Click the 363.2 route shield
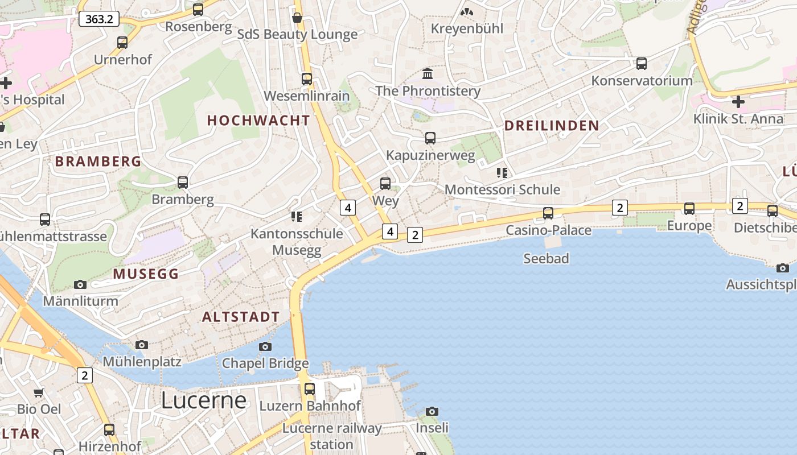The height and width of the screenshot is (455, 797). [x=99, y=19]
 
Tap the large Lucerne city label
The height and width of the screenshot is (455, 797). [x=203, y=400]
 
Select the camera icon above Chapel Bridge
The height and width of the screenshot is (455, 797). [x=265, y=346]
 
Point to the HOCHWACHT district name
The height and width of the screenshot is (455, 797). [x=258, y=121]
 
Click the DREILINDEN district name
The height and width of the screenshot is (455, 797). [x=552, y=126]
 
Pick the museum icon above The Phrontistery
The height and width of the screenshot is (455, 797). [x=428, y=73]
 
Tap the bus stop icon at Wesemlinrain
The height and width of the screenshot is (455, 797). [x=307, y=79]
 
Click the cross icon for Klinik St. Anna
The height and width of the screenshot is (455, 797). [x=738, y=102]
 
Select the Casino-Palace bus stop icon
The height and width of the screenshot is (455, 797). [x=548, y=213]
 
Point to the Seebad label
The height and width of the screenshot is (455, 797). [x=546, y=259]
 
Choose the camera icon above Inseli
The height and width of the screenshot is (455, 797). [x=432, y=411]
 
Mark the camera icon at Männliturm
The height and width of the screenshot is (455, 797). [x=80, y=284]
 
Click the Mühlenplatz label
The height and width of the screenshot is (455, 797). [x=142, y=362]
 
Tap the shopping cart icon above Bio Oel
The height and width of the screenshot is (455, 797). [x=39, y=392]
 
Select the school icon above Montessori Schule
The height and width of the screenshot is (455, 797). [x=502, y=172]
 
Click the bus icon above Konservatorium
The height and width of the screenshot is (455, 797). [x=642, y=64]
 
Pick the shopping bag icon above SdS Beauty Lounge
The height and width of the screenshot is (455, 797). [x=297, y=18]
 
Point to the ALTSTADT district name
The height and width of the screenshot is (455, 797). [x=241, y=317]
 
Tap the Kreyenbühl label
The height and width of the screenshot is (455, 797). [x=467, y=28]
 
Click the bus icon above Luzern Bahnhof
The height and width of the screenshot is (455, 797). [x=310, y=389]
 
